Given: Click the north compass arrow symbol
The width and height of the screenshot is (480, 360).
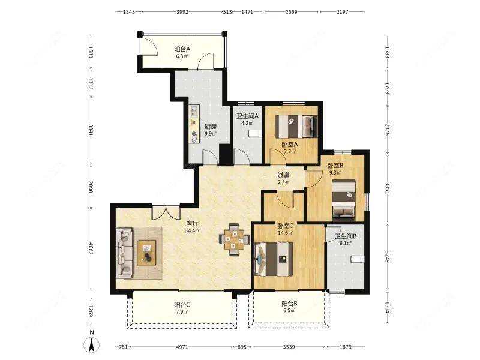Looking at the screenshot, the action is tap(91, 345).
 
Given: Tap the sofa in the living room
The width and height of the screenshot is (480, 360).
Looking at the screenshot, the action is tap(125, 253).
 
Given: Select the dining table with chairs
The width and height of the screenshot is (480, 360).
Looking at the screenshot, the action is tap(234, 239).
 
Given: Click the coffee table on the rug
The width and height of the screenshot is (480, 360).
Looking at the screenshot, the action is tap(146, 253).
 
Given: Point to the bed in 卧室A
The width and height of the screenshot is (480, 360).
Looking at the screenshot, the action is tap(296, 126).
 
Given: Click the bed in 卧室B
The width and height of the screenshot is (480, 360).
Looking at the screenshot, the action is tap(344, 200).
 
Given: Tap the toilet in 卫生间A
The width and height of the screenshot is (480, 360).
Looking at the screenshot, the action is tap(255, 133).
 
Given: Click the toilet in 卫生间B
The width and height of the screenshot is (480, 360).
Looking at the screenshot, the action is tap(358, 259).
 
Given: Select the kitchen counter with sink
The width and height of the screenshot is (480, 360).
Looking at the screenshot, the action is tap(194, 124).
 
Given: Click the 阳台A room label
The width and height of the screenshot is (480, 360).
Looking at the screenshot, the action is tap(182, 49).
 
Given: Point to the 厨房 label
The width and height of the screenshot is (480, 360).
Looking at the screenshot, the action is tap(211, 127).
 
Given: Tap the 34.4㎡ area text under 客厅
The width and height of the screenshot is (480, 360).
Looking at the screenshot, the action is tap(193, 230).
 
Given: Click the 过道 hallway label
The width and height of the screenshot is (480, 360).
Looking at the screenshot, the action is tap(283, 175).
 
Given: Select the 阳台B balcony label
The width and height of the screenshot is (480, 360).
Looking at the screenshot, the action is tap(289, 304).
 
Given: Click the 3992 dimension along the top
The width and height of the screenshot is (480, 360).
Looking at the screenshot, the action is tap(182, 12).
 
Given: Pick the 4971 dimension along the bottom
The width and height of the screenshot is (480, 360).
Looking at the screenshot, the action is tap(182, 347).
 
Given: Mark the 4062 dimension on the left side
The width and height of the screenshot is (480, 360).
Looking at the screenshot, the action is tap(91, 249).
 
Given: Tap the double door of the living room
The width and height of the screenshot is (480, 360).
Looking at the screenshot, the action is tap(166, 213).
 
